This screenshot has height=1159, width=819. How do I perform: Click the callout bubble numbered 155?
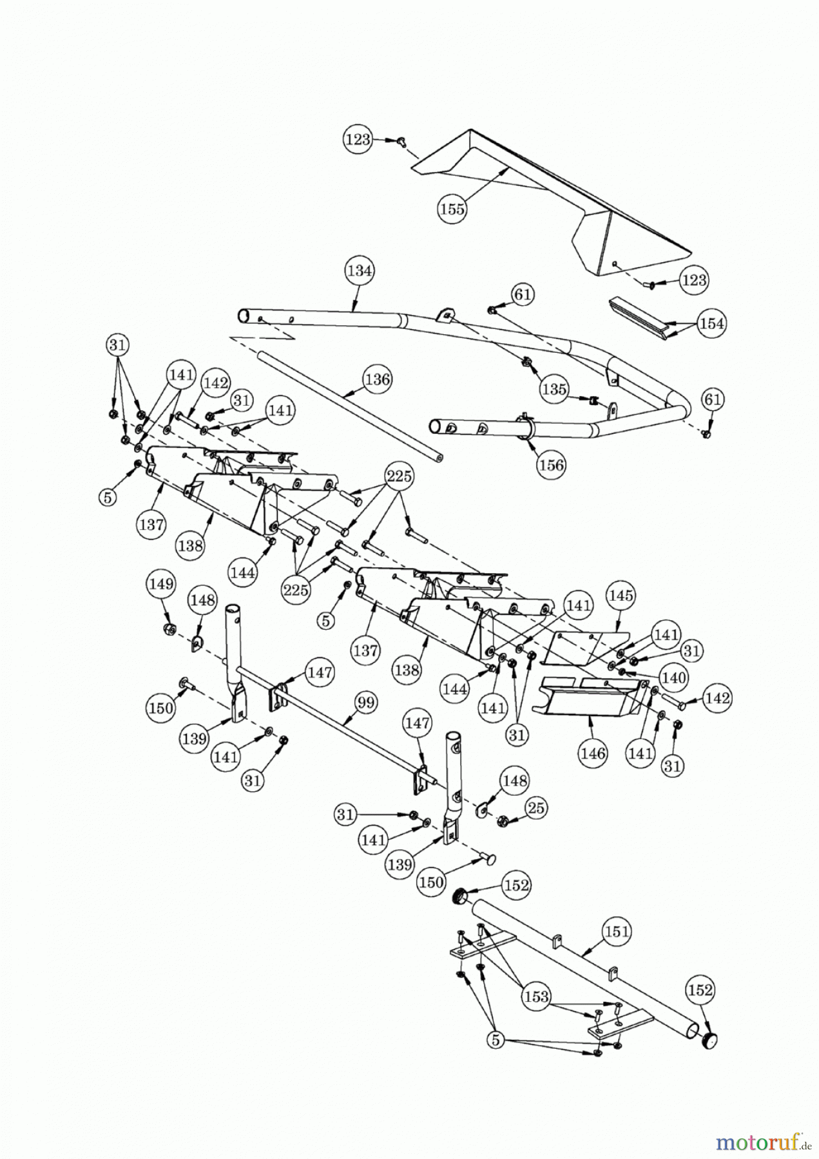452,209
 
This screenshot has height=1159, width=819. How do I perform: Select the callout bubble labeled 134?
359,270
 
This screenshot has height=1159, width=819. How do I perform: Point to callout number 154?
711,323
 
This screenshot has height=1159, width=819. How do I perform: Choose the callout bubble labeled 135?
554,389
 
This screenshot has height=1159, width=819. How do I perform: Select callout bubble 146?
593,752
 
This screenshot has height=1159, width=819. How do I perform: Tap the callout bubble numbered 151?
617,931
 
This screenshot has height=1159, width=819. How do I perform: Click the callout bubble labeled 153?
536,997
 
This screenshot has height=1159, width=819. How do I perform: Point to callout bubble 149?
161,584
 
